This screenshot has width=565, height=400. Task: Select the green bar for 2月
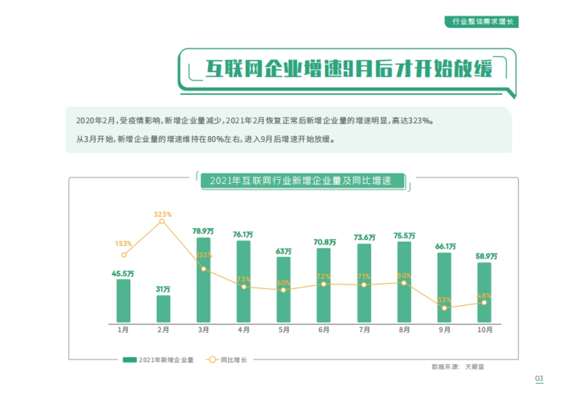coord(163,309)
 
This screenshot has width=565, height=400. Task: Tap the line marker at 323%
coord(162,221)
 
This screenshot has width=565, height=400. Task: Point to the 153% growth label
coord(123,244)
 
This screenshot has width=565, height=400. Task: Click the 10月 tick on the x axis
coord(484,330)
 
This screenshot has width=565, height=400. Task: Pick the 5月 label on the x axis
coord(283,330)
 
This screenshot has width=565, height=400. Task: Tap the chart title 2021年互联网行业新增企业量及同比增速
coord(301,181)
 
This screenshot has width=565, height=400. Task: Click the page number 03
coord(539,379)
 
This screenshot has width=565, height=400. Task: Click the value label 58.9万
coord(485,256)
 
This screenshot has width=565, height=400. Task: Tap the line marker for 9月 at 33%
coord(444,308)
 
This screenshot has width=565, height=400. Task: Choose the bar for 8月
coord(404,282)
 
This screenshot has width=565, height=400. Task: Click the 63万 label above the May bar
coord(283,251)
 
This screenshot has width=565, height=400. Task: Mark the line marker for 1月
coord(123,255)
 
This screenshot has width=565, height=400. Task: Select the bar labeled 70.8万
coord(324,285)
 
